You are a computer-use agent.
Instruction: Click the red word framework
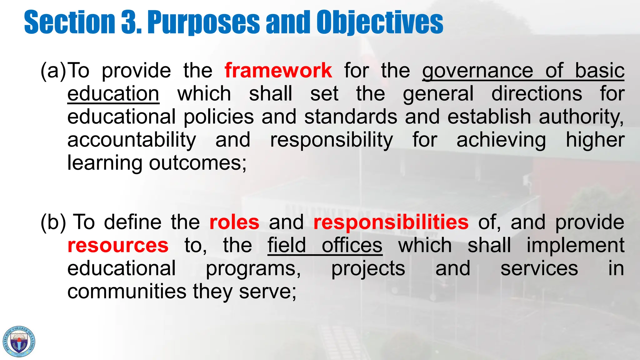[x=278, y=70]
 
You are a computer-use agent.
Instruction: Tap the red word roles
[x=234, y=222]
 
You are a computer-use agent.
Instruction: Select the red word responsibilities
[x=391, y=223]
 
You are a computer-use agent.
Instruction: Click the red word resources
[x=118, y=245]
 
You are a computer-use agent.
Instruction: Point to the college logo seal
[x=19, y=342]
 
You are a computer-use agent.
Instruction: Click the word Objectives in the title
[x=379, y=22]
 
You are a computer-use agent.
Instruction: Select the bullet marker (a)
[x=53, y=71]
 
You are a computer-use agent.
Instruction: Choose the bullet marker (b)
[x=53, y=222]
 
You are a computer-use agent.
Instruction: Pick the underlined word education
[x=113, y=94]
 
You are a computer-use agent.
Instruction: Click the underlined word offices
[x=352, y=245]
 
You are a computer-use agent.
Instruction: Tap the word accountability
[x=132, y=140]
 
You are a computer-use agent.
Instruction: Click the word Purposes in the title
[x=203, y=22]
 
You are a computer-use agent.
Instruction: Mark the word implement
[x=575, y=245]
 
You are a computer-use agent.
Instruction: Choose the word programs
[x=253, y=269]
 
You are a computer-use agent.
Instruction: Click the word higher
[x=595, y=140]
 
